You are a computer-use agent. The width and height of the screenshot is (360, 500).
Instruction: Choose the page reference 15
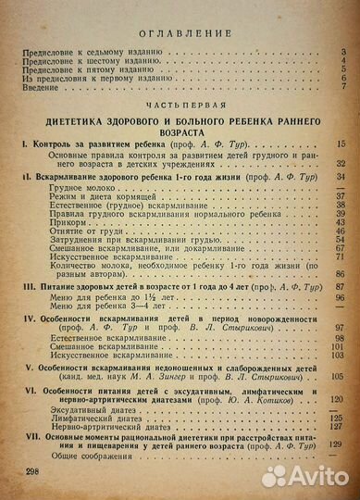pos(341,146)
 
